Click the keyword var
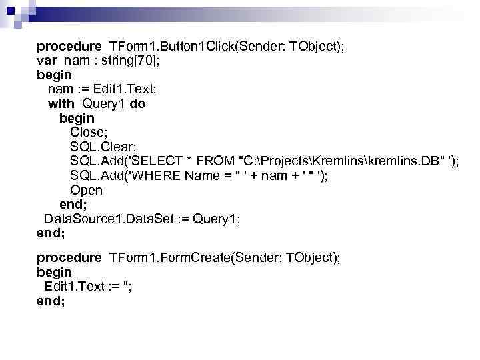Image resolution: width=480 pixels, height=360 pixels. coord(47,61)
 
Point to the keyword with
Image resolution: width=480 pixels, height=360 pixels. coord(61,104)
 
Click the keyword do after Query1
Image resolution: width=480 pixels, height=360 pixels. coord(137,104)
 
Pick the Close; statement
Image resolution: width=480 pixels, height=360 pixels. coord(87,133)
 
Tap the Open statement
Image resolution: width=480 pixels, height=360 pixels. coord(86,191)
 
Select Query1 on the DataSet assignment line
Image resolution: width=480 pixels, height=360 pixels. coord(216,219)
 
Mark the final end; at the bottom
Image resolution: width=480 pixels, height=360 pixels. coord(51,301)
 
